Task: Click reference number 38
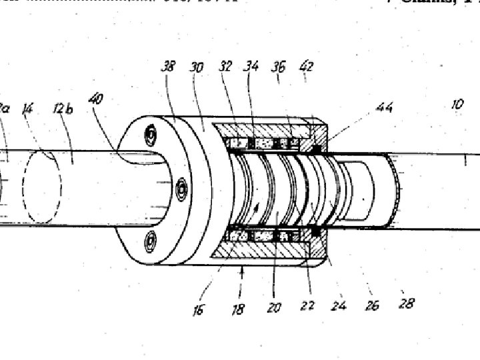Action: (168, 66)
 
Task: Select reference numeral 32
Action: (225, 66)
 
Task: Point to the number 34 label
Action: (251, 66)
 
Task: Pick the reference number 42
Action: (306, 67)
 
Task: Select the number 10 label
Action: (457, 105)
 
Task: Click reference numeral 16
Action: (198, 310)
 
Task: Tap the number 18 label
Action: (238, 310)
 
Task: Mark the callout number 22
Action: (307, 307)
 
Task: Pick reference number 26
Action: (372, 305)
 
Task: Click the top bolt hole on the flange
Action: (151, 135)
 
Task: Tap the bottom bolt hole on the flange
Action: (151, 239)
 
